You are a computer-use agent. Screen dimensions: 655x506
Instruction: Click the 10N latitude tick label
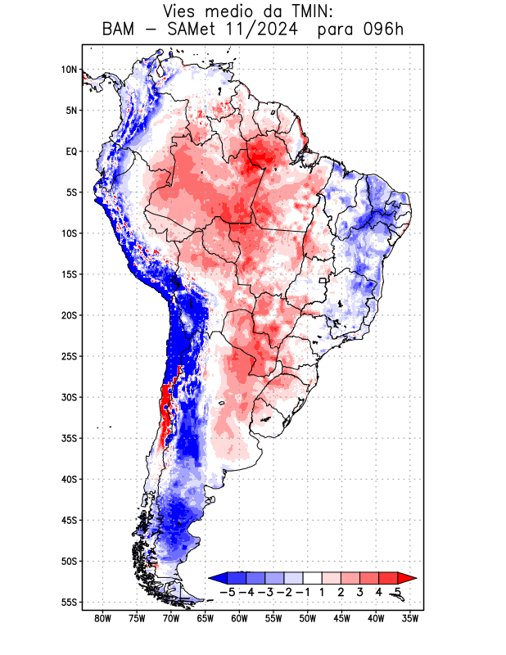click(x=69, y=70)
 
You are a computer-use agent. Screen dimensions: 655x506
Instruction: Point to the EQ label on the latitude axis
click(x=71, y=151)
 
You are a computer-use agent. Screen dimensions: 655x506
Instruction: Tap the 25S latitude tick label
click(x=69, y=356)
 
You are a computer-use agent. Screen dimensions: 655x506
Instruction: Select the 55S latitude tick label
click(x=69, y=602)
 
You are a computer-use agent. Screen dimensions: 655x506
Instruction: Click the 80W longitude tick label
click(x=103, y=618)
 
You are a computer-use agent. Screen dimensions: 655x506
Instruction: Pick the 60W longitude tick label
click(x=239, y=618)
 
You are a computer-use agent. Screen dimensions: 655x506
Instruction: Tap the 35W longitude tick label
click(x=410, y=618)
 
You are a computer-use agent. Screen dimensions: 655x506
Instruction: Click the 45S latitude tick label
click(x=69, y=520)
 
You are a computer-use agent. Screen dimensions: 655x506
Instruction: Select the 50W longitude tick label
click(x=308, y=618)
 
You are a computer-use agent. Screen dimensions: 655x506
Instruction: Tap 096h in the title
click(x=383, y=30)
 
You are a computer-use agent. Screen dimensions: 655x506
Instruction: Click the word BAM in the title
click(x=120, y=30)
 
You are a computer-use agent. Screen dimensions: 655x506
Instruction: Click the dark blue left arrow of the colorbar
click(x=219, y=577)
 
